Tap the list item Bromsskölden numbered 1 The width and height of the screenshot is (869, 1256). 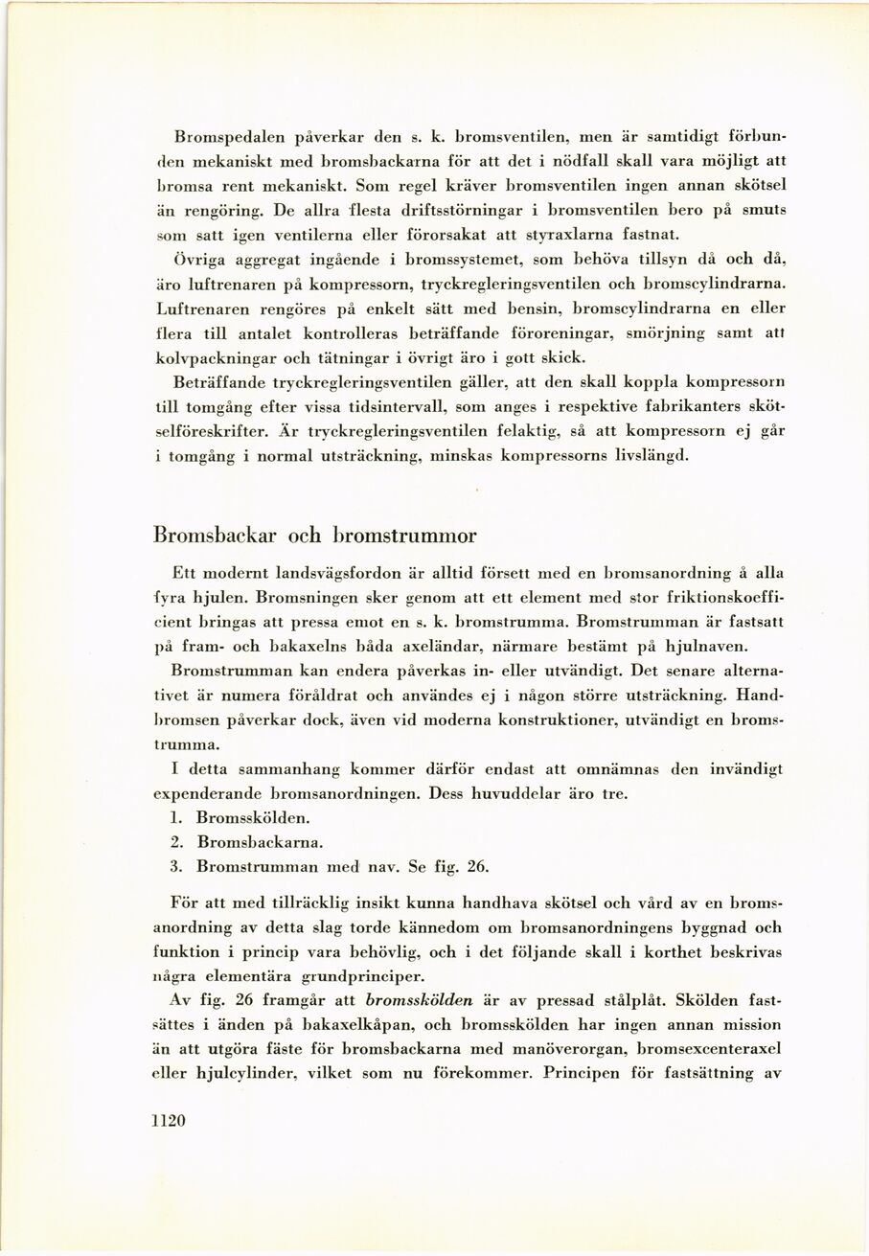pyautogui.click(x=252, y=818)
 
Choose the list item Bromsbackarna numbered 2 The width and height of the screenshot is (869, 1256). pyautogui.click(x=260, y=842)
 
